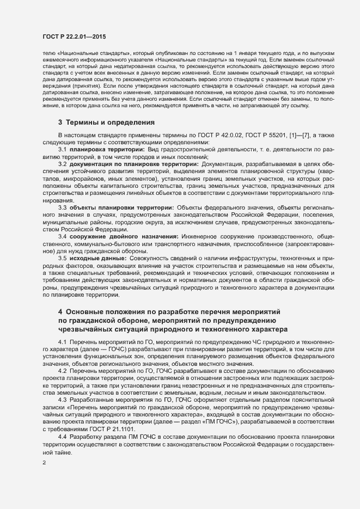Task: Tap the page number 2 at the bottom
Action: coord(44,463)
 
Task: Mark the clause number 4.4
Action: coord(62,437)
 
